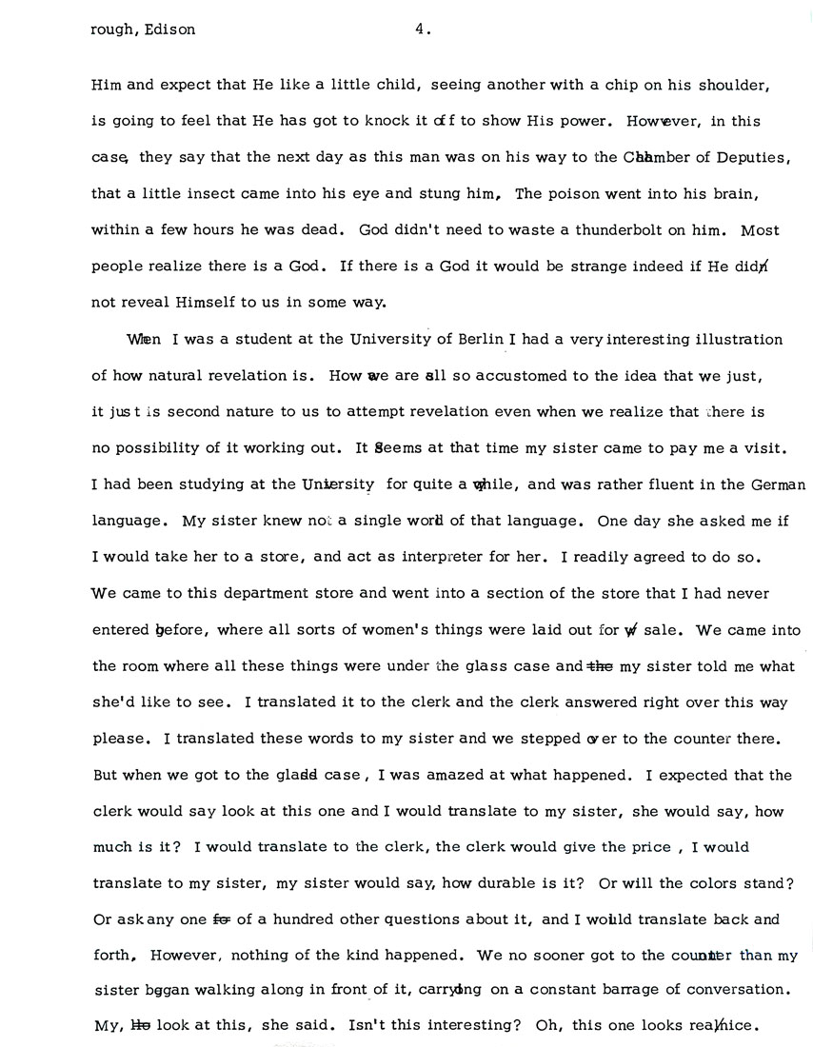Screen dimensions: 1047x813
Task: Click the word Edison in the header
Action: click(169, 30)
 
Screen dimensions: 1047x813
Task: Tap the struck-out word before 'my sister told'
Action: click(600, 667)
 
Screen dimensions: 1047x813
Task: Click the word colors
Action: click(699, 884)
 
